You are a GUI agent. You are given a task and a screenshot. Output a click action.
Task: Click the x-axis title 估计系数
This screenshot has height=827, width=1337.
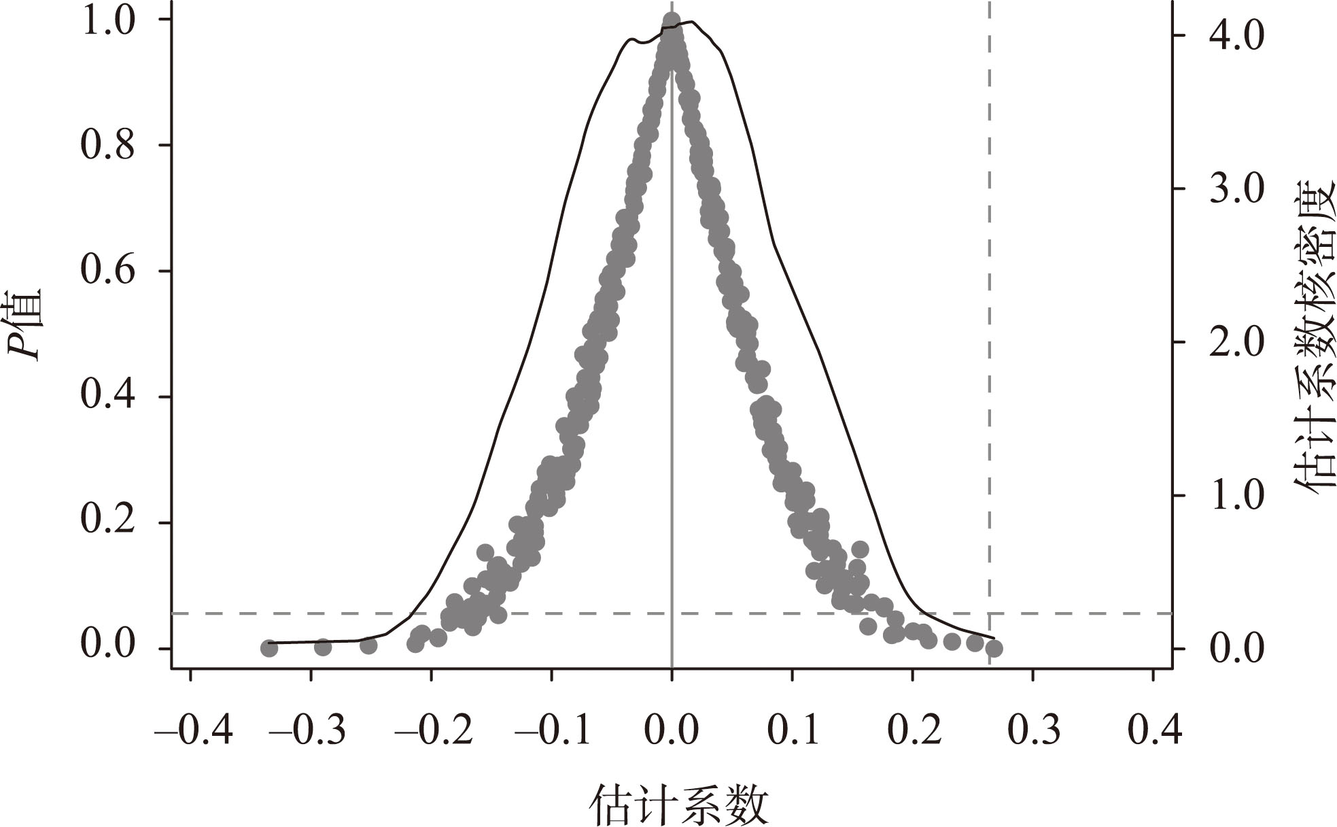coord(678,805)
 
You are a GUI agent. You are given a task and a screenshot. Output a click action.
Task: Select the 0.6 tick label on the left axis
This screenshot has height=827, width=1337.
coord(108,271)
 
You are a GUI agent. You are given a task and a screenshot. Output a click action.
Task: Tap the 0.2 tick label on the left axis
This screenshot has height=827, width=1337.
coord(108,522)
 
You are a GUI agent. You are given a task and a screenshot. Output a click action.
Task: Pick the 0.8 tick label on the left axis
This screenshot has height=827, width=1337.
coord(108,145)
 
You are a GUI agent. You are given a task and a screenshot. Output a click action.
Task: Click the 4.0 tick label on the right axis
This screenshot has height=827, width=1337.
coord(1236,36)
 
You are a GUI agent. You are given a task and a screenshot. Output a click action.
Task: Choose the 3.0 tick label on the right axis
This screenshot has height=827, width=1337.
coord(1236,189)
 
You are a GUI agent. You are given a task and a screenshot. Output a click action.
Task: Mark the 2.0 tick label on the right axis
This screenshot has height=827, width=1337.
coord(1236,342)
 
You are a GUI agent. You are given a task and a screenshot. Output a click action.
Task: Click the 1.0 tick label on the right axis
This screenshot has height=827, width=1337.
coord(1236,495)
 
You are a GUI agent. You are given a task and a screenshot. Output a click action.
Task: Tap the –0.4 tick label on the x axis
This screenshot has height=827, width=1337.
coord(193,730)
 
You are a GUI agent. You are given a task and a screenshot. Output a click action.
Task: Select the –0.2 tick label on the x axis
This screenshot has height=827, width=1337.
coord(434,730)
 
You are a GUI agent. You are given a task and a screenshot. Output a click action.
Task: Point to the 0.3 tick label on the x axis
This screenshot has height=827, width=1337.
coord(1032,730)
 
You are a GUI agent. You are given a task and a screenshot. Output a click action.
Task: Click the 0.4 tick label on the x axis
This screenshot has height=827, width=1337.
coord(1153,730)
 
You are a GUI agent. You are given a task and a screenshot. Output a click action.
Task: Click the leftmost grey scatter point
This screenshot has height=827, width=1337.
coord(269,648)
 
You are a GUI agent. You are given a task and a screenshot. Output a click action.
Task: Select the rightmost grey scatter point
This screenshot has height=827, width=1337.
coord(994,648)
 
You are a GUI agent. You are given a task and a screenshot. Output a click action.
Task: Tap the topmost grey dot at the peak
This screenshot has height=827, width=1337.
coord(672,20)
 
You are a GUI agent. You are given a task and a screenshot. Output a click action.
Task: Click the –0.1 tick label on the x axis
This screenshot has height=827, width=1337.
coord(553,730)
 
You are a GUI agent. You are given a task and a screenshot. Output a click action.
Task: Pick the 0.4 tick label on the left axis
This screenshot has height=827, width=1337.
coord(108,396)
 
